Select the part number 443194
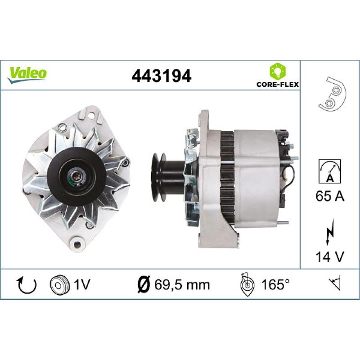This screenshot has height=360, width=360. [162, 76]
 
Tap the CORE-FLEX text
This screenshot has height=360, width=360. [278, 85]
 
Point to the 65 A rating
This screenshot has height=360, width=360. [330, 196]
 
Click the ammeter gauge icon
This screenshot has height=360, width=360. [330, 171]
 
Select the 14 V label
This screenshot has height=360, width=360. [330, 256]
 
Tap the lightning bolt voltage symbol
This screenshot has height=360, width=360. [329, 232]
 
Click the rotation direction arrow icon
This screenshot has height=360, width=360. [27, 285]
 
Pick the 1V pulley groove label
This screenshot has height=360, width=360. [82, 285]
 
